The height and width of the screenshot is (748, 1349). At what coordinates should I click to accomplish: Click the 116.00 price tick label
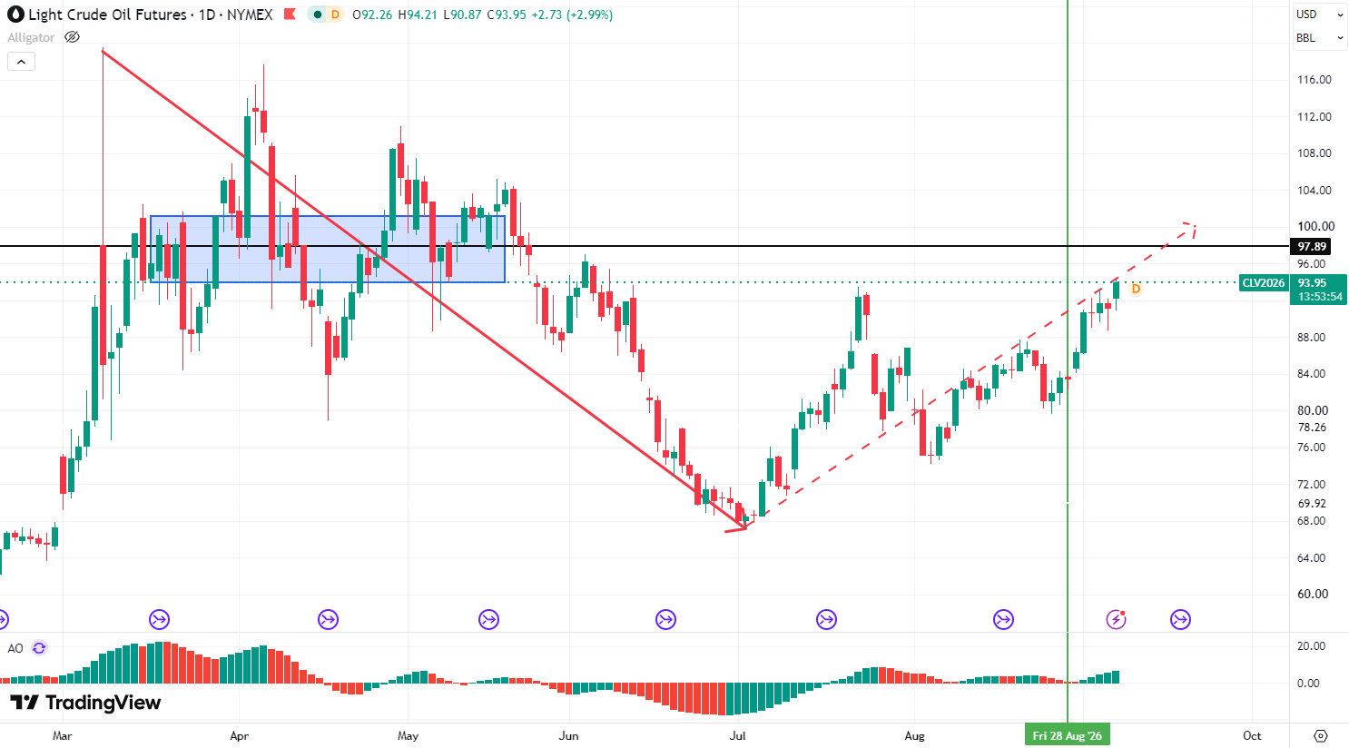(1315, 80)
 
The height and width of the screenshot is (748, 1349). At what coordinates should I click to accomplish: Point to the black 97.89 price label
(1312, 246)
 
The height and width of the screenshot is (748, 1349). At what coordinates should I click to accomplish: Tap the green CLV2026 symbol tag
(1264, 283)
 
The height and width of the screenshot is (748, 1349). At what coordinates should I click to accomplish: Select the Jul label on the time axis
(738, 735)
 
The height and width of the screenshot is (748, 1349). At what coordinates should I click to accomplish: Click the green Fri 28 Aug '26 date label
(1068, 735)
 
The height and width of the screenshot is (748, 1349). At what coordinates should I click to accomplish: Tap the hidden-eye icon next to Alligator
(72, 37)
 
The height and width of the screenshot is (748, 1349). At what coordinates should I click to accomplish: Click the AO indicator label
(15, 648)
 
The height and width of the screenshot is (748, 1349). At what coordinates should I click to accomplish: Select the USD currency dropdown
(1319, 15)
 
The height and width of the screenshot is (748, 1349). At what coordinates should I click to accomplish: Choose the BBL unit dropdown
(1319, 38)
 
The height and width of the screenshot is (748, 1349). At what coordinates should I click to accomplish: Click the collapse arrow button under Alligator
(21, 62)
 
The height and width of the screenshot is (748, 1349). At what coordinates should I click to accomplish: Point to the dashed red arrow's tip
(1195, 226)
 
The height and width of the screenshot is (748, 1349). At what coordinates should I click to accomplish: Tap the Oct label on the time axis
(1252, 735)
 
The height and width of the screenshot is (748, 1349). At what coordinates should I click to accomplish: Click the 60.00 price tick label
(1313, 594)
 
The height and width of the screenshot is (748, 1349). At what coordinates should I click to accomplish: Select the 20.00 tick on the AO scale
(1311, 646)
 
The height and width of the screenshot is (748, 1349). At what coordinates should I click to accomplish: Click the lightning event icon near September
(1116, 619)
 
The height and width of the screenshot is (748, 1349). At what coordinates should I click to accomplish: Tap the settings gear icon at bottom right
(1320, 735)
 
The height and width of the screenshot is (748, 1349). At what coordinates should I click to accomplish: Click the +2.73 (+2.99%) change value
(572, 15)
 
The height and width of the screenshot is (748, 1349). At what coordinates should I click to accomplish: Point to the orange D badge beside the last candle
(1136, 289)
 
